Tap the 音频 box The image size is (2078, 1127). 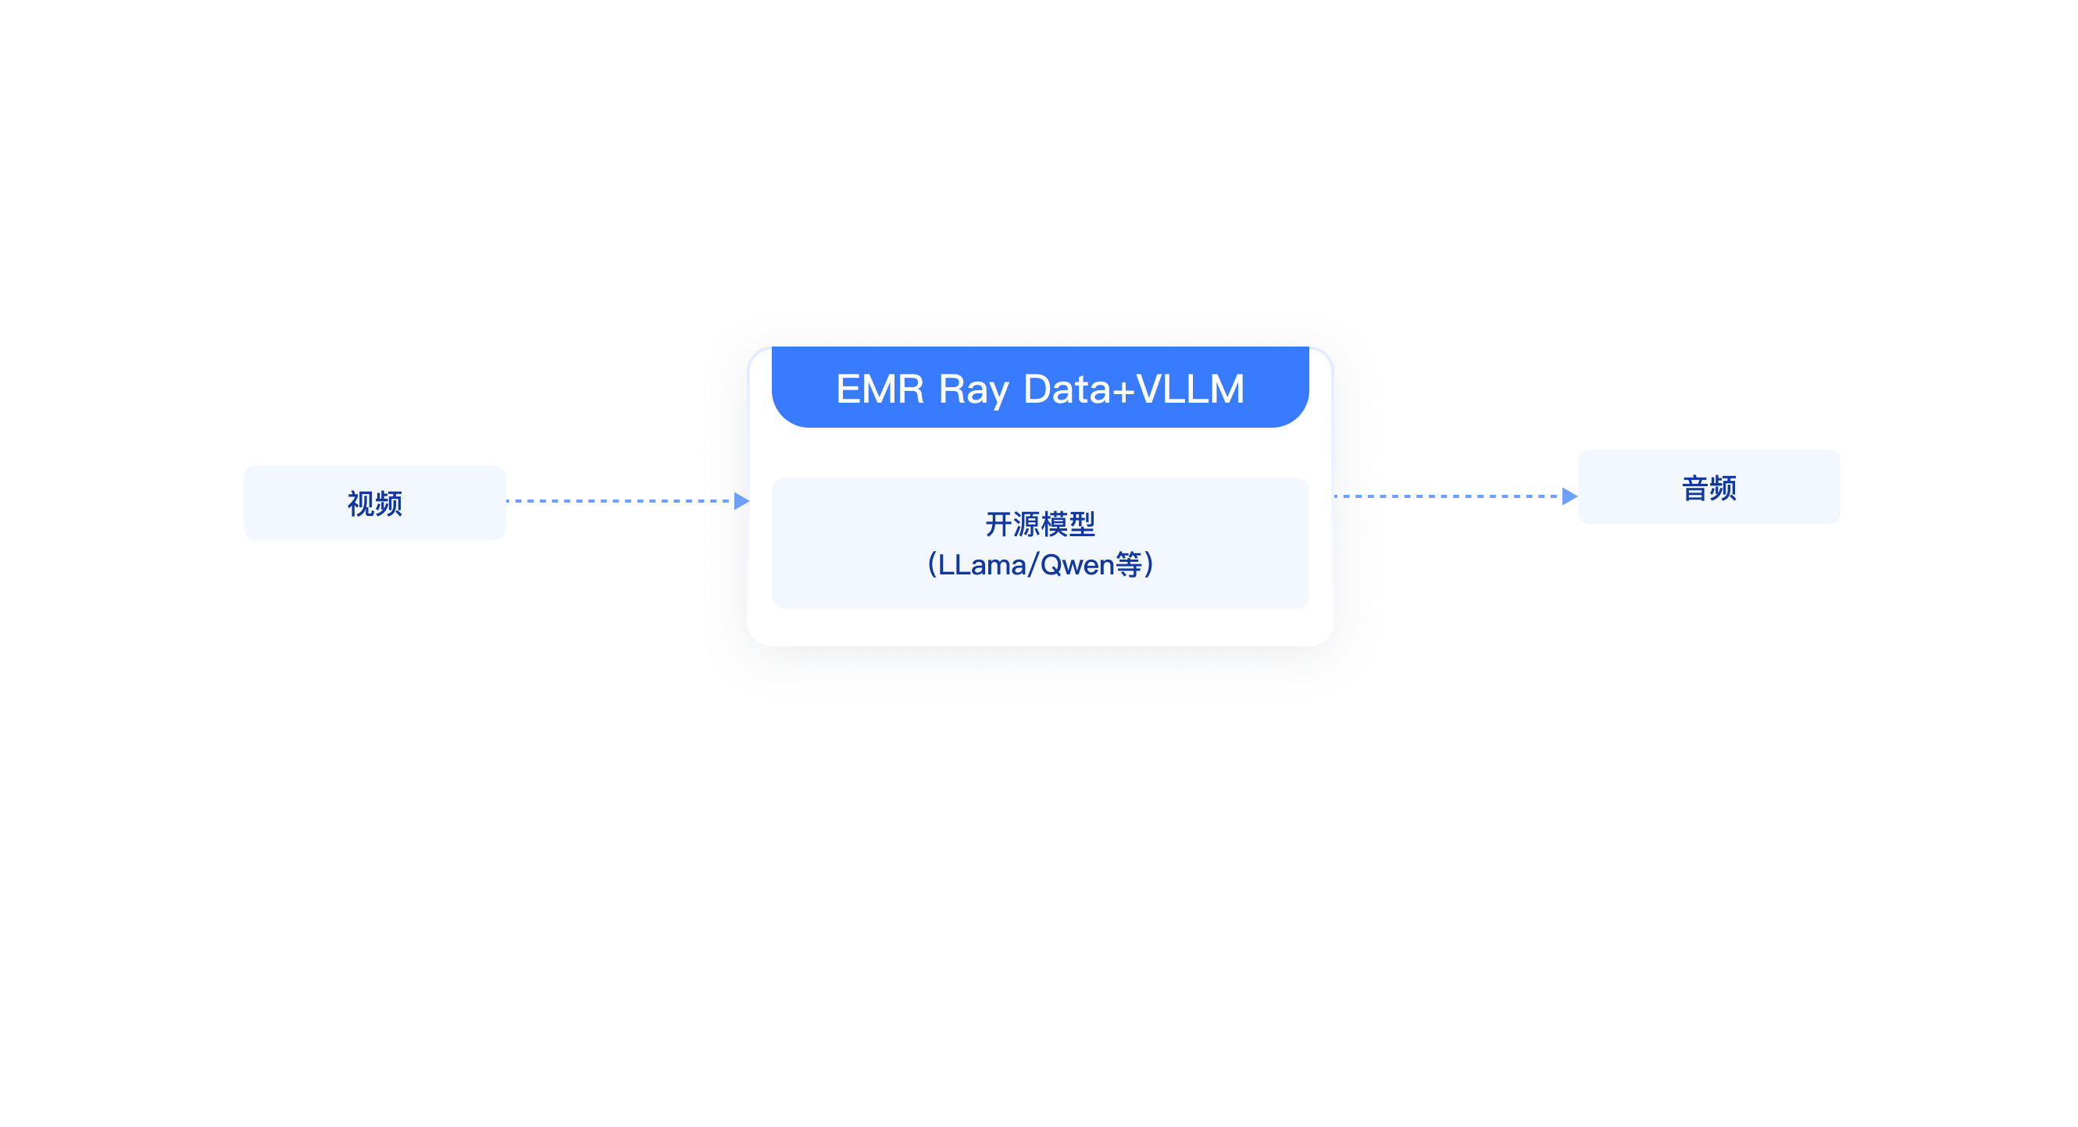click(x=1708, y=487)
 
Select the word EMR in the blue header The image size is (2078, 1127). click(x=880, y=389)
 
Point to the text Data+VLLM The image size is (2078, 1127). click(x=1134, y=389)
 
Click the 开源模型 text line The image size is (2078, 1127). click(x=1040, y=524)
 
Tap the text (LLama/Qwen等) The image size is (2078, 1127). click(x=1040, y=564)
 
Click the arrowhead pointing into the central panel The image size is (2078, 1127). click(x=741, y=500)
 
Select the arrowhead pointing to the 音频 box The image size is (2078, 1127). click(x=1569, y=496)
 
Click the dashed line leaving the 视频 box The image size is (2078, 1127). click(x=617, y=500)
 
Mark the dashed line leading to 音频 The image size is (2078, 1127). click(x=1448, y=496)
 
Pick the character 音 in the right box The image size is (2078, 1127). click(x=1695, y=488)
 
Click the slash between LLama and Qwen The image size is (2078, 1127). click(x=1033, y=564)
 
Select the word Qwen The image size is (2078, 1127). click(x=1077, y=564)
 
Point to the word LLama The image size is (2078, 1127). click(x=982, y=564)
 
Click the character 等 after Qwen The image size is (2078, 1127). click(x=1129, y=564)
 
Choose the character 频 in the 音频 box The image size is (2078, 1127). click(x=1723, y=488)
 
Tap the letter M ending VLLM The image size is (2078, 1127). click(x=1226, y=389)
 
